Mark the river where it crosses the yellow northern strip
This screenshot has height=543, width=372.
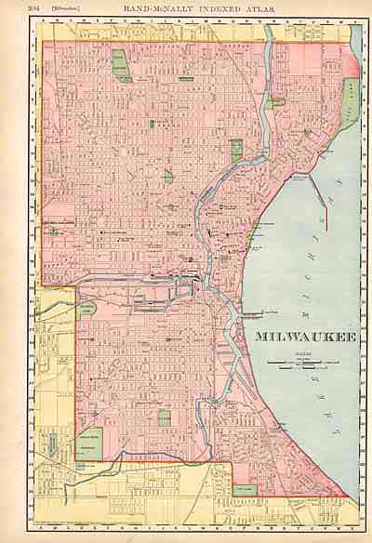click(x=270, y=33)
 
